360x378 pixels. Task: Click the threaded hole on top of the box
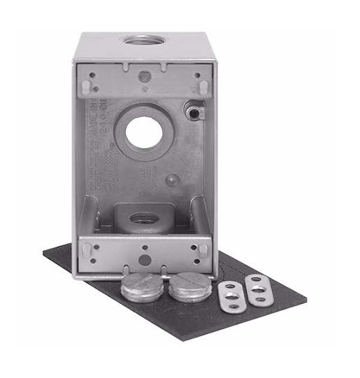(x=143, y=38)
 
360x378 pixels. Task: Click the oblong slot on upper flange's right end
(x=202, y=85)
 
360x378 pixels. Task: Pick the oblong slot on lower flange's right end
(x=203, y=249)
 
